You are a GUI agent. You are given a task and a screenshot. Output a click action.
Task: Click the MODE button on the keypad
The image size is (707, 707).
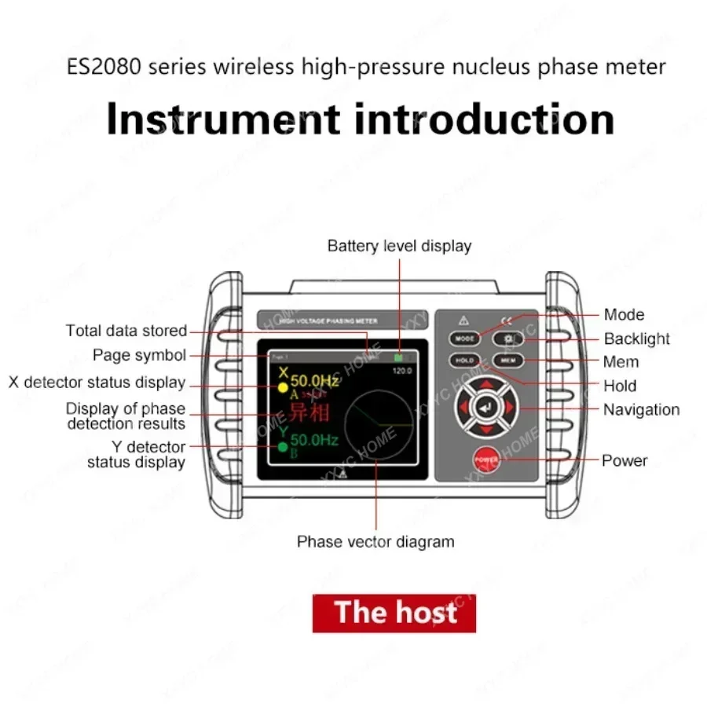463,339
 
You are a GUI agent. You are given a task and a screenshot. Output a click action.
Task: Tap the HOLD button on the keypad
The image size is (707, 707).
463,361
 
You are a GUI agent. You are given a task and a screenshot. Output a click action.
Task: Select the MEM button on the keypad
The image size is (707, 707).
506,361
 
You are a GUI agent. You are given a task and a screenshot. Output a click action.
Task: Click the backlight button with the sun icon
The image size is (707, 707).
506,339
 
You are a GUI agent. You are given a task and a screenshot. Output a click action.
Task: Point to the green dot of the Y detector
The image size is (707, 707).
282,447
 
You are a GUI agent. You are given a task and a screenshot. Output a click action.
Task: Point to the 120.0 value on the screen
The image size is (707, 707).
403,369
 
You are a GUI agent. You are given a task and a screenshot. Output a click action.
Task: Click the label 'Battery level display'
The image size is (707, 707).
399,246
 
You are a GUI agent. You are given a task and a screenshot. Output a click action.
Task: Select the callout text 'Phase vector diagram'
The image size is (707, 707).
375,541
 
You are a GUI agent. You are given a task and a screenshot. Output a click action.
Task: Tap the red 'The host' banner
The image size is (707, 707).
394,613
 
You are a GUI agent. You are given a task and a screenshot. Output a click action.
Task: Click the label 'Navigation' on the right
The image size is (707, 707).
641,409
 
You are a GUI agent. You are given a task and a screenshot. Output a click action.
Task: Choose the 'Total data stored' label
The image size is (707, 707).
126,331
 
